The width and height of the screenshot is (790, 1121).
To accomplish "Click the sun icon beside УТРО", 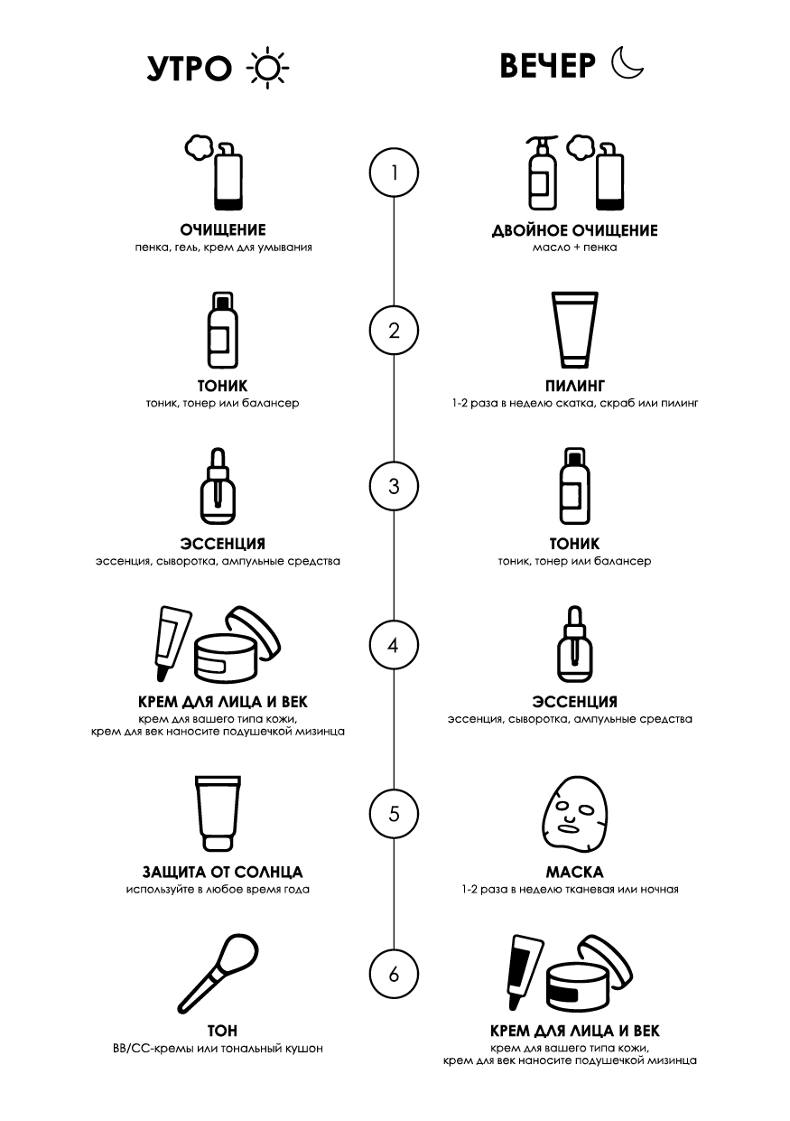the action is click(x=267, y=68).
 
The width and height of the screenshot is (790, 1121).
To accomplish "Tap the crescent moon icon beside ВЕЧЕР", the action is click(x=627, y=64).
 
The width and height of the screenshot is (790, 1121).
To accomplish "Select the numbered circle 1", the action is click(x=394, y=173).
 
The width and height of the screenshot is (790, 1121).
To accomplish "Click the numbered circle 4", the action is click(x=394, y=646).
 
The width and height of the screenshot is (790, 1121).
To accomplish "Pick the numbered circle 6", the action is click(x=394, y=975).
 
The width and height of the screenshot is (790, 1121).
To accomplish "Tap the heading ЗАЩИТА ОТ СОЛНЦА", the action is click(x=223, y=873).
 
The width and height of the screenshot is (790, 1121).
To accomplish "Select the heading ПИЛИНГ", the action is click(x=575, y=386).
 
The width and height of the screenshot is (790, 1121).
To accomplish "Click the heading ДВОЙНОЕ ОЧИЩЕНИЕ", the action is click(x=575, y=230).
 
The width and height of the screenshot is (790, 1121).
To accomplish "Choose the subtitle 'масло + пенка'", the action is click(x=575, y=248).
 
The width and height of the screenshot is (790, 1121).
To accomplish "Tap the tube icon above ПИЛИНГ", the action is click(x=574, y=331).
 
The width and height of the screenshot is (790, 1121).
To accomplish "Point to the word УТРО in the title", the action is click(x=189, y=68).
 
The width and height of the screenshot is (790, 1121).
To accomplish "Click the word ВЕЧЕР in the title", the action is click(x=548, y=65).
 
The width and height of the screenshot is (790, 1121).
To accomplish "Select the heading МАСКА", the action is click(x=575, y=873).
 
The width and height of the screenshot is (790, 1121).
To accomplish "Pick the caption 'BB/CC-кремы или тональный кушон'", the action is click(x=218, y=1048).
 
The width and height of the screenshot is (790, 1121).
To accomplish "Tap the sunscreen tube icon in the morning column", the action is click(x=218, y=814).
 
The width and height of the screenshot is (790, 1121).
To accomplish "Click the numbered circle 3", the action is click(x=394, y=487).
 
